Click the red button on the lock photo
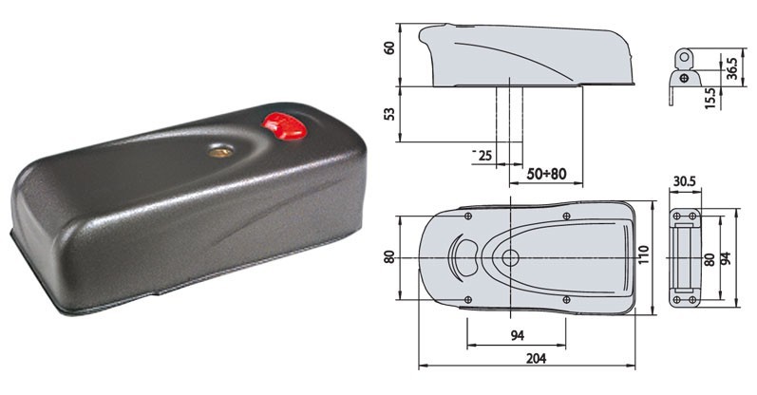coord(285,125)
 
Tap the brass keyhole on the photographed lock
coord(220,152)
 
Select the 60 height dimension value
coord(389,47)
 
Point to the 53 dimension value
coord(389,114)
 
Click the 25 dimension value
coord(484,155)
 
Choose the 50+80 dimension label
coord(546,174)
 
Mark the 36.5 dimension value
coord(732,68)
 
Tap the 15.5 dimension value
coord(710,98)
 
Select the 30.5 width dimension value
coord(684,181)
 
